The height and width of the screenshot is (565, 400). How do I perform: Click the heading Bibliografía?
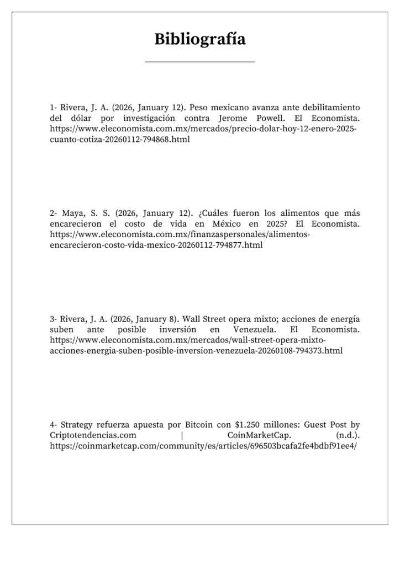coord(199,40)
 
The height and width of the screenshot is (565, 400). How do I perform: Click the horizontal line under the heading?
coord(199,62)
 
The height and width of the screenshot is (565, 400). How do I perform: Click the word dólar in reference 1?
coord(84,118)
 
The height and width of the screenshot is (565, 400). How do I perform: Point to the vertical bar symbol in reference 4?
coord(182,436)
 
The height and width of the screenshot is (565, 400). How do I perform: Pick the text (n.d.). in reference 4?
coord(348,436)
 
